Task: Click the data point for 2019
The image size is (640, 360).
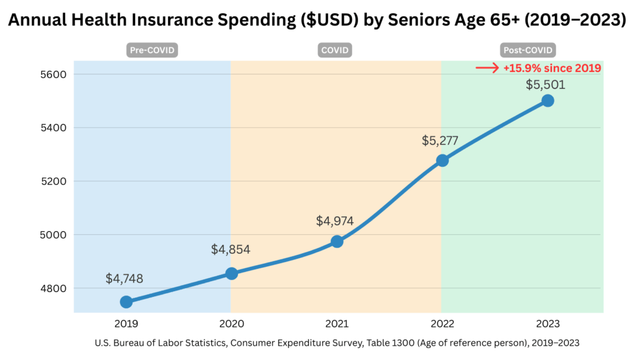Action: click(126, 302)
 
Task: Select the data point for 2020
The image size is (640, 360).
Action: click(231, 273)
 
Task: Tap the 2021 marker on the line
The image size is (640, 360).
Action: click(337, 241)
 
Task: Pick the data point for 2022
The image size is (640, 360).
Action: click(442, 161)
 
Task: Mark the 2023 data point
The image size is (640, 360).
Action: click(547, 101)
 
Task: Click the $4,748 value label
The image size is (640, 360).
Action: click(125, 279)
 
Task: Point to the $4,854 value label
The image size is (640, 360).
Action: click(231, 249)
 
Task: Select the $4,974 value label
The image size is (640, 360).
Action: click(336, 221)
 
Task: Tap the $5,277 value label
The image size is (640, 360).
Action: click(440, 141)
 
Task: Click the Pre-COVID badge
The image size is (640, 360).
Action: click(152, 50)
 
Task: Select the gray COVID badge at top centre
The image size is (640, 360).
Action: click(336, 50)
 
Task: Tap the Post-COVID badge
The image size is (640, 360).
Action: click(528, 50)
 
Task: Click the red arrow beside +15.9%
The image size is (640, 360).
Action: click(487, 68)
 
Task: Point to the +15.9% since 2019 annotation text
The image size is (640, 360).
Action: click(552, 68)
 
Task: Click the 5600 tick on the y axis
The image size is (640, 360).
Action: click(52, 74)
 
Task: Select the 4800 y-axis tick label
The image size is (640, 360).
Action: click(52, 289)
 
